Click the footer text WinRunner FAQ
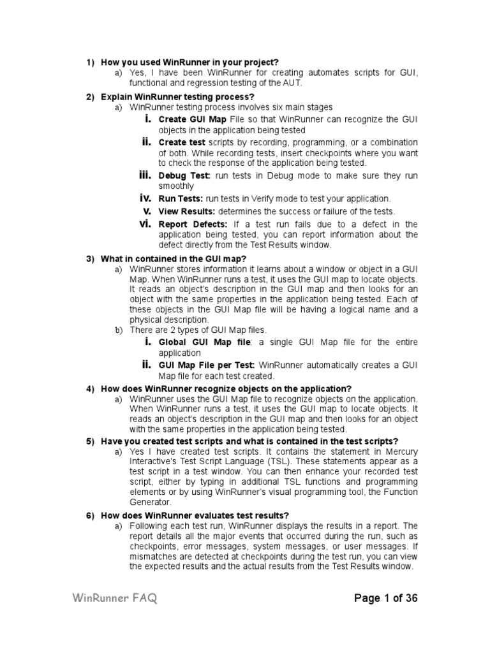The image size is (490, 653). point(115,598)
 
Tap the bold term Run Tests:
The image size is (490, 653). point(181,199)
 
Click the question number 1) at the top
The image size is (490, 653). point(91,62)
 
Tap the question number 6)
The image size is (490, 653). point(91,515)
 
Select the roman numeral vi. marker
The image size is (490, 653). point(145,223)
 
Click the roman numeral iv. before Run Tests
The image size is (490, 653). point(145,198)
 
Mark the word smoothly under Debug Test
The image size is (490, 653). point(176,186)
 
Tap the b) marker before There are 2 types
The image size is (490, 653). point(118,330)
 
